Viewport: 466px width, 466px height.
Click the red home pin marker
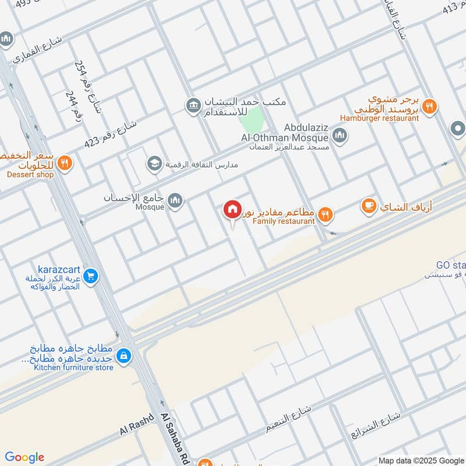232,210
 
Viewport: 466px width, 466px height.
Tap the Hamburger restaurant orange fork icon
429,106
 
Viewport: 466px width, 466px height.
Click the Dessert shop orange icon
65,163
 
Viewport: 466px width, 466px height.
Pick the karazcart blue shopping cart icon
90,276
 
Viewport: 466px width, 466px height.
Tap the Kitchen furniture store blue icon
123,355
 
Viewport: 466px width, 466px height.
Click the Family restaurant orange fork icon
326,215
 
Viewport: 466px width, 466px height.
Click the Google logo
24,457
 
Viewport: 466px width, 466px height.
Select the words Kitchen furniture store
73,367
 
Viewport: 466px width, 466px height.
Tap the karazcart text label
59,270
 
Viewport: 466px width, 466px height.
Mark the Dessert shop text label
30,174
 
